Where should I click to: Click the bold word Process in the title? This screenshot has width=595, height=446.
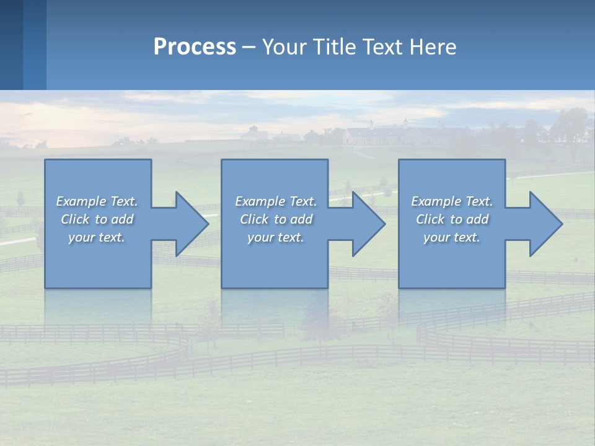[x=195, y=47]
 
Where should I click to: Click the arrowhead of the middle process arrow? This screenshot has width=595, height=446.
[x=368, y=224]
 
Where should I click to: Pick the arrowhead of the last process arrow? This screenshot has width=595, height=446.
[x=545, y=224]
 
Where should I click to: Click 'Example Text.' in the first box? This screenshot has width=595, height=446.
[x=97, y=201]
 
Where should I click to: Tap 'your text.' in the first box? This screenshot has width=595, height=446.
[x=97, y=237]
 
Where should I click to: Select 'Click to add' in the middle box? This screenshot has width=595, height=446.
[x=276, y=219]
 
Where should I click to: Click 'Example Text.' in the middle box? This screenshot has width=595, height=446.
[x=276, y=201]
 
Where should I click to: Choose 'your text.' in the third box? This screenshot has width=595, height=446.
[x=452, y=237]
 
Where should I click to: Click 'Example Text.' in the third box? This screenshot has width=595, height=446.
[x=452, y=201]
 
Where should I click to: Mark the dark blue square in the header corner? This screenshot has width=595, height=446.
[x=11, y=45]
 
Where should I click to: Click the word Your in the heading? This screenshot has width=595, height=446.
[x=286, y=47]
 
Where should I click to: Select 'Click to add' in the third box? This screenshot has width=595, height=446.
[x=452, y=219]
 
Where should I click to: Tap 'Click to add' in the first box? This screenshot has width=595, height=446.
[x=97, y=219]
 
